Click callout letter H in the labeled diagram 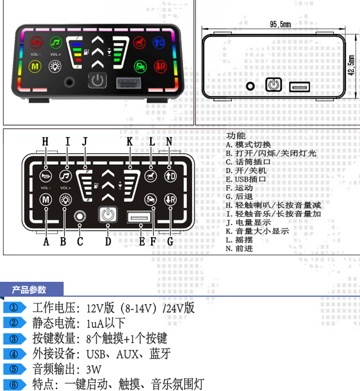(45, 141)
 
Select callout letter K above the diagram (130, 141)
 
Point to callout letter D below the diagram (108, 241)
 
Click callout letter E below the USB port (142, 241)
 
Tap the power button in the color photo (97, 81)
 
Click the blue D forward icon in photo (159, 42)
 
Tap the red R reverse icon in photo (160, 66)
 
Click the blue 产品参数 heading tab (31, 290)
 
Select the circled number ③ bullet (14, 339)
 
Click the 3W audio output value (94, 369)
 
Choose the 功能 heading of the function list (236, 136)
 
